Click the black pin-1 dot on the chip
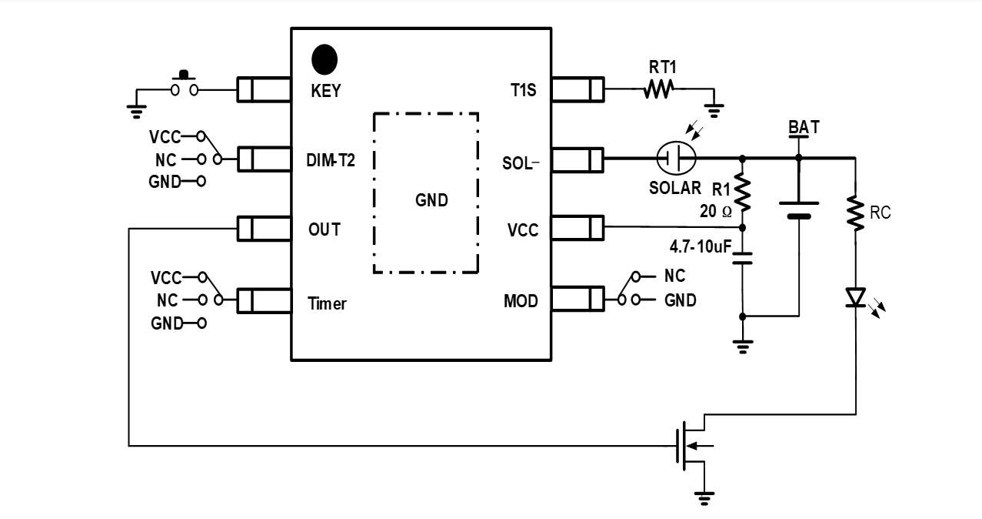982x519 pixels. pyautogui.click(x=325, y=59)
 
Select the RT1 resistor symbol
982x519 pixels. pyautogui.click(x=658, y=90)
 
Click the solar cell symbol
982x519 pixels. pyautogui.click(x=676, y=159)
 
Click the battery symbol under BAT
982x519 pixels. pyautogui.click(x=799, y=209)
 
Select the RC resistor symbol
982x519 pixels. pyautogui.click(x=855, y=213)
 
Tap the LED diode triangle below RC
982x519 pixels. pyautogui.click(x=855, y=297)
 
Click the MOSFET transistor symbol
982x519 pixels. pyautogui.click(x=692, y=444)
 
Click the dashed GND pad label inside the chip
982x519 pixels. pyautogui.click(x=431, y=200)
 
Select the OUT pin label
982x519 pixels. pyautogui.click(x=325, y=229)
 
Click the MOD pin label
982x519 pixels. pyautogui.click(x=521, y=300)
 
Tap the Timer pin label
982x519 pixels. pyautogui.click(x=327, y=303)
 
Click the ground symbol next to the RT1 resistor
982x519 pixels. pyautogui.click(x=714, y=111)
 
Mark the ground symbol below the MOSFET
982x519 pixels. pyautogui.click(x=704, y=498)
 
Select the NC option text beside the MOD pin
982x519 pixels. pyautogui.click(x=674, y=276)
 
